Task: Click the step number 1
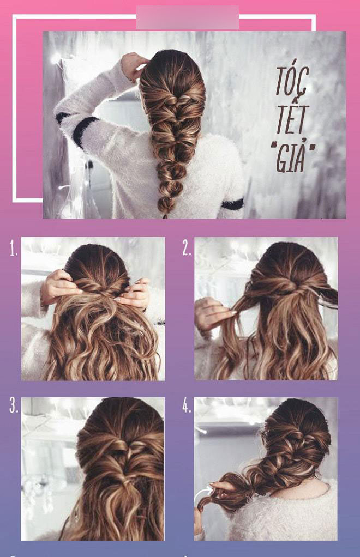tap(14, 250)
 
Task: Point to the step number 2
tap(187, 250)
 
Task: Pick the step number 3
tap(14, 407)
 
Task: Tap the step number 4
tap(187, 407)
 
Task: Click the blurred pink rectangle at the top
tap(187, 17)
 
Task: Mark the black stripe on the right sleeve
tap(232, 204)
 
